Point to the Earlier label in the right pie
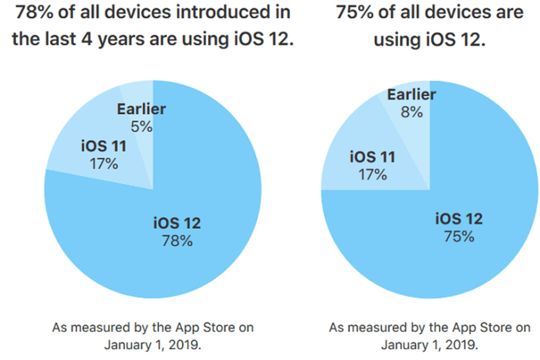pos(411,95)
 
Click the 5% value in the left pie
pos(141,126)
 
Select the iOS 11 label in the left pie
pos(104,146)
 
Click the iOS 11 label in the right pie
pos(372,157)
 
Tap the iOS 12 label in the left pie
pos(177,223)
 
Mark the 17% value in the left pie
pos(104,163)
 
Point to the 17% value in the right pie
pos(372,173)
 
